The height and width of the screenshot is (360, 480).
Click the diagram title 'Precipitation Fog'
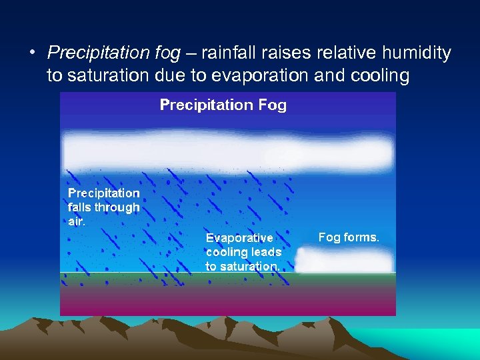[223, 105]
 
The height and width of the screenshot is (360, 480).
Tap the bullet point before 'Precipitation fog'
[32, 53]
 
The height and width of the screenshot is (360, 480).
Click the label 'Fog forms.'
[349, 237]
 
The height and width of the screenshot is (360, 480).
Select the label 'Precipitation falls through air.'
[104, 207]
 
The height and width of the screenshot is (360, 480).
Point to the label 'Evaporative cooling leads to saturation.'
[243, 252]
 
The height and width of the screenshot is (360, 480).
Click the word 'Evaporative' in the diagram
[239, 238]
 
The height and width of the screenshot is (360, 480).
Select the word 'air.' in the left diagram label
[77, 221]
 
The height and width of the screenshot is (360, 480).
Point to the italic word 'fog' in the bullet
[153, 52]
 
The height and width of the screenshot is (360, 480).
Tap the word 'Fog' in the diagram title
[272, 105]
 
